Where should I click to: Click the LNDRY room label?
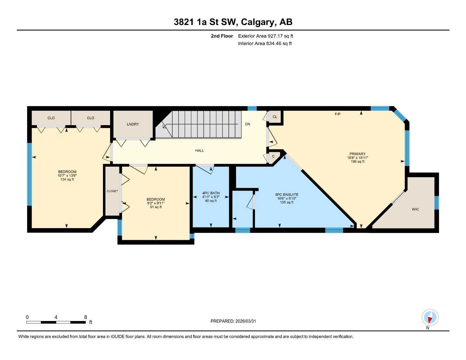point(133,124)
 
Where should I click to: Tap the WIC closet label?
point(415,209)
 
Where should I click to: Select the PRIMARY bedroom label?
point(357,154)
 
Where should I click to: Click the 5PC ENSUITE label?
point(287,194)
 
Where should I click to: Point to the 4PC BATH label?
point(211,193)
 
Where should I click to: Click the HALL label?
point(199,150)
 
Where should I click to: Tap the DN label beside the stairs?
point(248,124)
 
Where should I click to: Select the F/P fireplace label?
point(337,114)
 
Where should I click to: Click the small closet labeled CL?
point(275,117)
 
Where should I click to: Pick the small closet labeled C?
point(273,156)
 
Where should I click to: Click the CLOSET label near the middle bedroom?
point(112,191)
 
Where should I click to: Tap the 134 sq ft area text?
point(67,180)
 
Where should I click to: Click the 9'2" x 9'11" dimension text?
point(156,203)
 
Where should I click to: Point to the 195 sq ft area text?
point(357,162)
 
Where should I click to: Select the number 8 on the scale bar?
point(85,317)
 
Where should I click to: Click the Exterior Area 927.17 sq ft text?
point(266,36)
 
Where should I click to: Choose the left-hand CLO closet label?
point(51,118)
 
